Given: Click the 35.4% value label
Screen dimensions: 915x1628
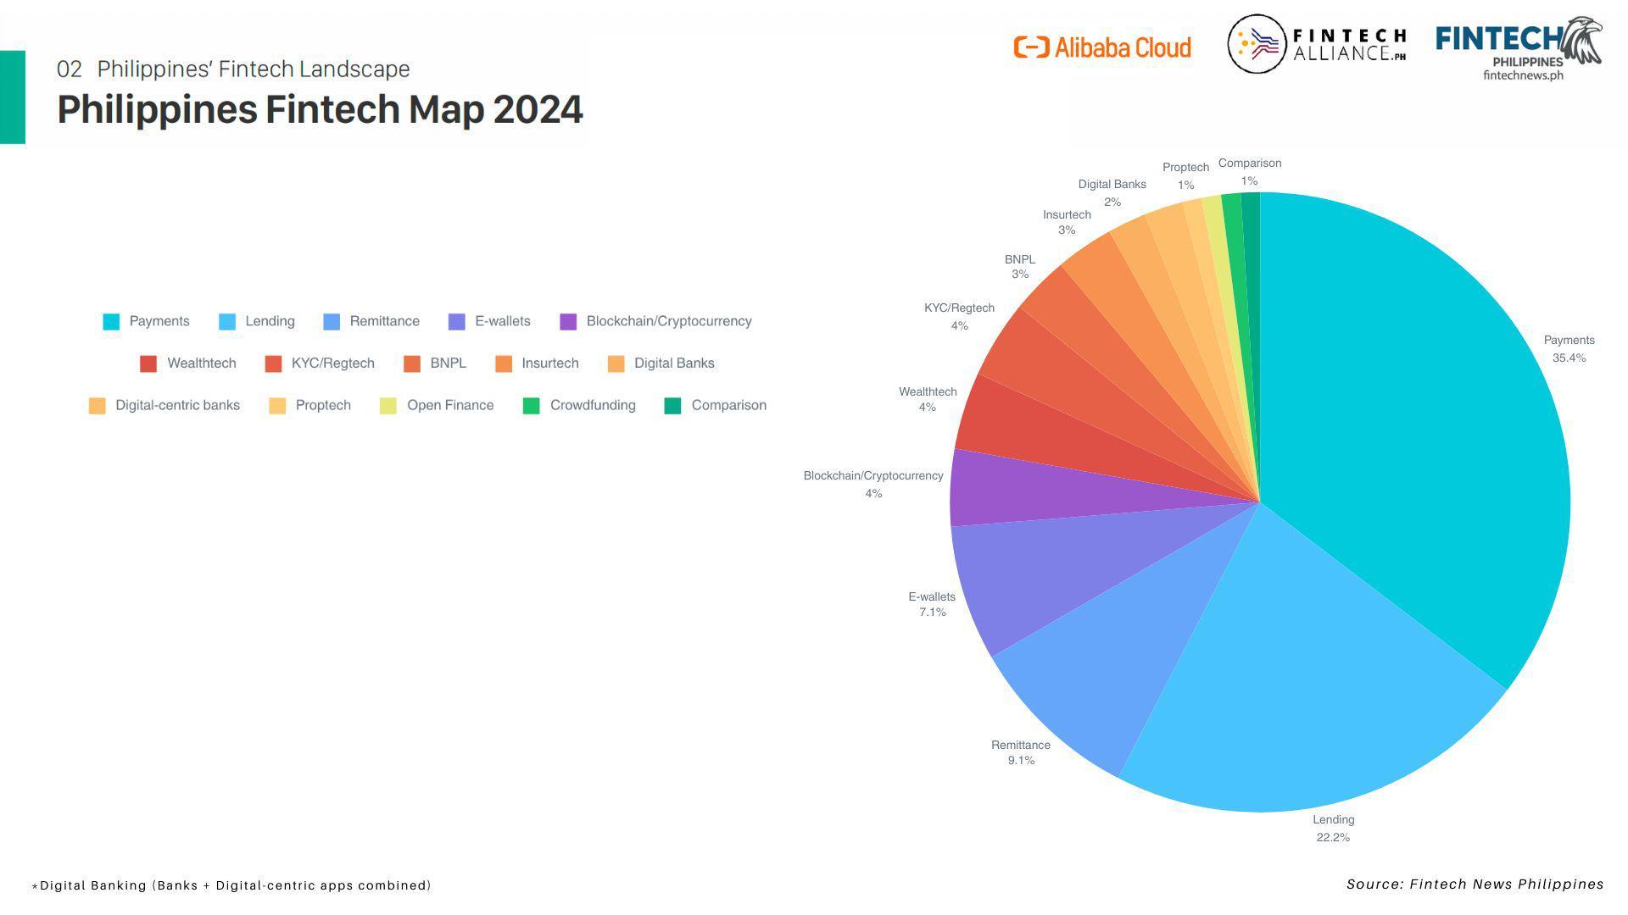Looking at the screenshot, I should [x=1569, y=358].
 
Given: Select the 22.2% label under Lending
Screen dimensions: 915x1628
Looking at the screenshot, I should [x=1333, y=838].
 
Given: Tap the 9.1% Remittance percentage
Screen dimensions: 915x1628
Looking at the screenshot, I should [x=1021, y=761].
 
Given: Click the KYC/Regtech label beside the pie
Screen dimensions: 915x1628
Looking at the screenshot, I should [x=959, y=308].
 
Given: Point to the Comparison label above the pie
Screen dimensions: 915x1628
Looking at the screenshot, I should [x=1249, y=164].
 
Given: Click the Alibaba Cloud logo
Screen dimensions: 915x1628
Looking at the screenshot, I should [x=1102, y=47].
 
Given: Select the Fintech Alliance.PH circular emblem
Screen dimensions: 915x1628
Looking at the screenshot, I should [x=1257, y=44].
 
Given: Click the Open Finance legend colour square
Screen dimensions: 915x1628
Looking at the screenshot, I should [x=388, y=406].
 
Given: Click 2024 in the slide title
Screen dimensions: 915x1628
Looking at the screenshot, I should [x=538, y=110].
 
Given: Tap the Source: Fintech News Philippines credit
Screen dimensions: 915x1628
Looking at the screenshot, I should [x=1475, y=884].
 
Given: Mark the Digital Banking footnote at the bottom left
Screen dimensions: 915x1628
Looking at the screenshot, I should [x=231, y=885].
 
